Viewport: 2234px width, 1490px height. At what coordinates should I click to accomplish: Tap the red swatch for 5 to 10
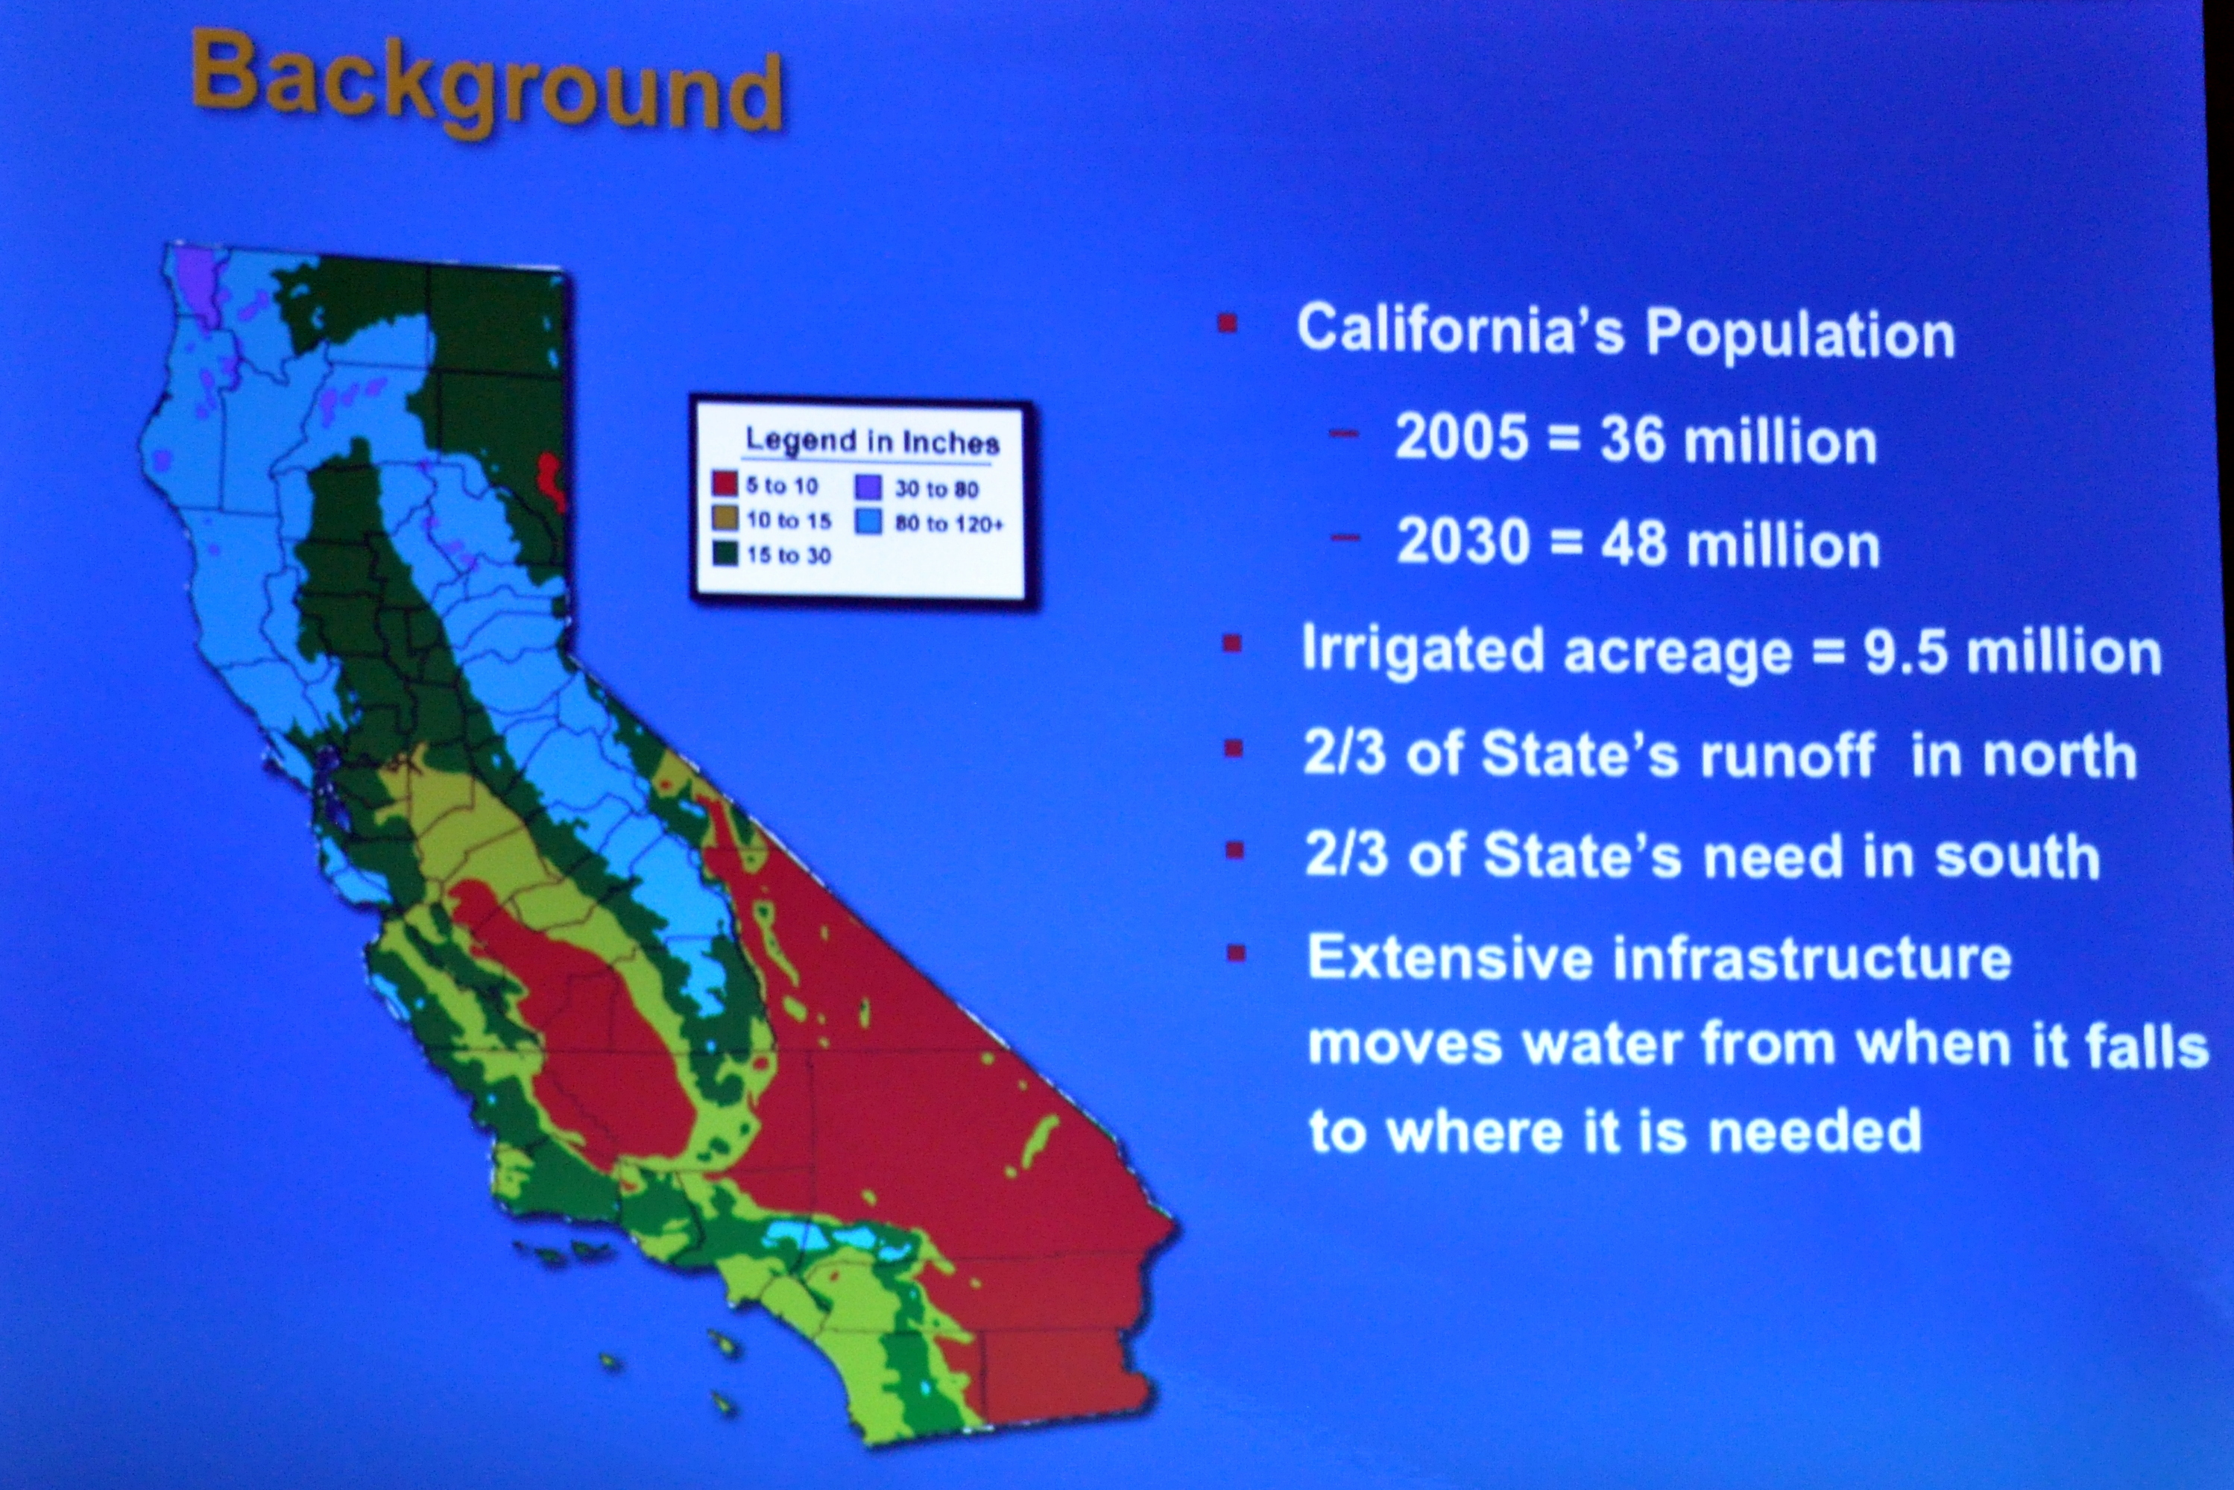725,484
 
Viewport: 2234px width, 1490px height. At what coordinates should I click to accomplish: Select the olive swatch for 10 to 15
726,518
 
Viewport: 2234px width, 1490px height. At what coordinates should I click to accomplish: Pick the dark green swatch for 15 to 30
726,553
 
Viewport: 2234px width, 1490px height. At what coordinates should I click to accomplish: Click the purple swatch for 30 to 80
869,487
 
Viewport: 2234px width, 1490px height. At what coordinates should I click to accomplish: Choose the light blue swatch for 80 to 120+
869,522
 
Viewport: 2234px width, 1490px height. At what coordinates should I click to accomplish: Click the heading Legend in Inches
872,442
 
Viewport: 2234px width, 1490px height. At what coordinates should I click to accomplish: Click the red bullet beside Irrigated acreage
1232,644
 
